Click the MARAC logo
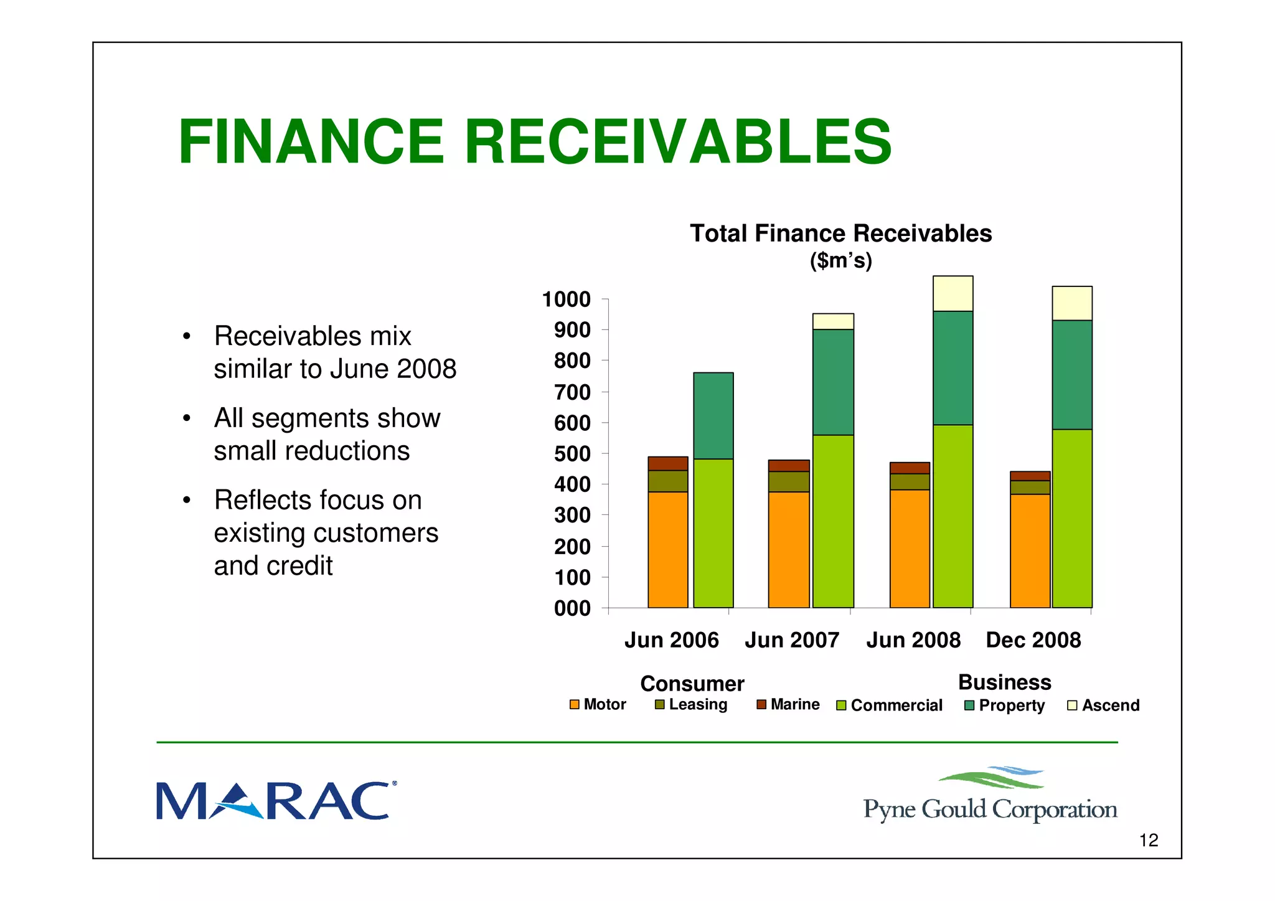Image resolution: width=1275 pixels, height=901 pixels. coord(274,801)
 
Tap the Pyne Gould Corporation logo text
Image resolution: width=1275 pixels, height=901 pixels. coord(990,809)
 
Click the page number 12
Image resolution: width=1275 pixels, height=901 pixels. coord(1148,840)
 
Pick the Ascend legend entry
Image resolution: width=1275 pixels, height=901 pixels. coord(1103,705)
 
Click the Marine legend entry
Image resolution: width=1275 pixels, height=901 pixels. coord(788,704)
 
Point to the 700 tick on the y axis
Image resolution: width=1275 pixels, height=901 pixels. coord(572,392)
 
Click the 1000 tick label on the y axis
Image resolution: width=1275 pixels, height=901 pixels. coord(566,300)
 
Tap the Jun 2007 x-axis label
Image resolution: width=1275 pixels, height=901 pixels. coord(792,639)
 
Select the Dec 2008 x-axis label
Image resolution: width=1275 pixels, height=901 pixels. coord(1033,639)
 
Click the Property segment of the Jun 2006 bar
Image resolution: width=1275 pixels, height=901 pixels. coord(713,415)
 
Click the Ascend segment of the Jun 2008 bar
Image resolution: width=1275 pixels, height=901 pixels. coord(953,293)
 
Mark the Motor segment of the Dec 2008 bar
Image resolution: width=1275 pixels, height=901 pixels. coord(1030,550)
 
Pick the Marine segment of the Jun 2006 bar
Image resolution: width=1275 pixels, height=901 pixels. coord(667,463)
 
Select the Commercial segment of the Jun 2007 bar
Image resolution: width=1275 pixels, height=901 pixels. coord(833,521)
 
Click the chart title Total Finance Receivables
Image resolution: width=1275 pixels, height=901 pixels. coord(840,234)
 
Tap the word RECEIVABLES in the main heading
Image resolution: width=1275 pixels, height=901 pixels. coord(678,142)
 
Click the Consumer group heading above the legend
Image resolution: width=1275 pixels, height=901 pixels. coord(692,684)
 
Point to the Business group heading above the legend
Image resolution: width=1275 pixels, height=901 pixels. coord(1004,682)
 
